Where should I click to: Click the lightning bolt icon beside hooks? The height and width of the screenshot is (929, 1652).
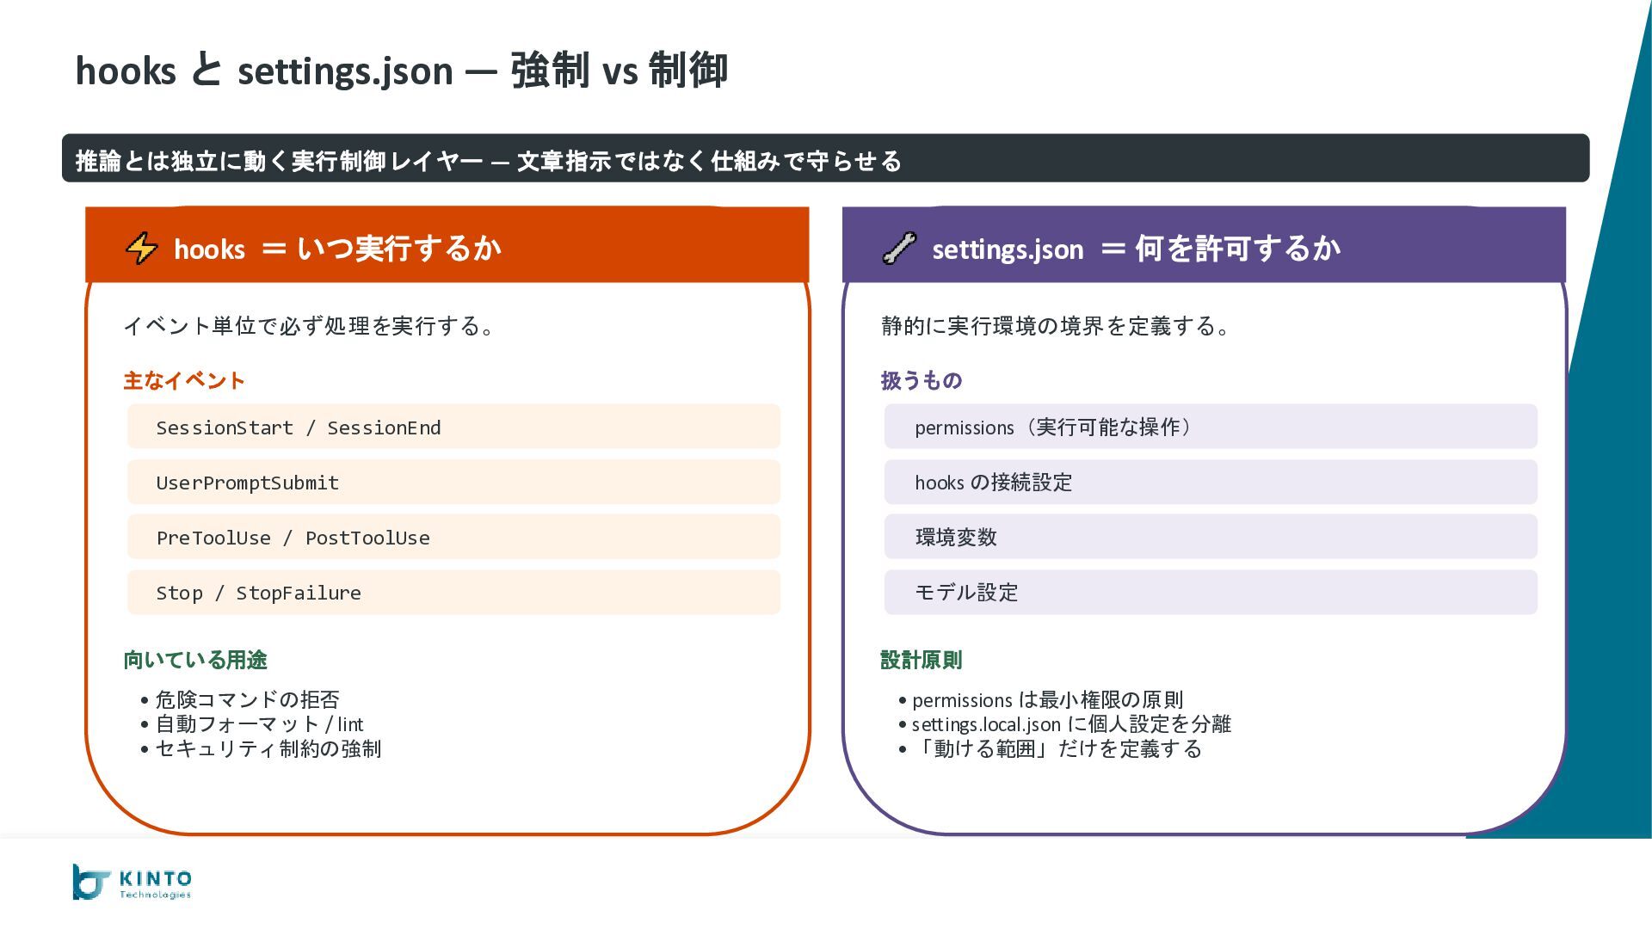[142, 249]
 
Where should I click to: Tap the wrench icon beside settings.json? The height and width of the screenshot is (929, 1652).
[899, 249]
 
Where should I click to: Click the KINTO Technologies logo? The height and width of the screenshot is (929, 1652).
[133, 883]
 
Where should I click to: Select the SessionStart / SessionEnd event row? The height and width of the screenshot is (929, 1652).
[453, 427]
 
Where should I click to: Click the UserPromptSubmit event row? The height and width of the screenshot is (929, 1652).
[453, 483]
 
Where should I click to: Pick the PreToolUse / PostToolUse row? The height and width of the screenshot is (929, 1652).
[453, 538]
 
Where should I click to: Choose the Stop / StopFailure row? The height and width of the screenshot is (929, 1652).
[453, 593]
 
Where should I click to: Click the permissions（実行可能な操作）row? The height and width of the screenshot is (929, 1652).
[1210, 427]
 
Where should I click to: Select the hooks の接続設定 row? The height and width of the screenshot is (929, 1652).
[1210, 483]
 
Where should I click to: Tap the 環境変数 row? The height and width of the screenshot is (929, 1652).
[1210, 538]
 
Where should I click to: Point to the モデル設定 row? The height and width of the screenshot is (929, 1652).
[1210, 593]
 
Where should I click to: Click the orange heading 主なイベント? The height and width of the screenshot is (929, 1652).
[184, 380]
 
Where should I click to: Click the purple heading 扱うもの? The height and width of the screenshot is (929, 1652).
[922, 380]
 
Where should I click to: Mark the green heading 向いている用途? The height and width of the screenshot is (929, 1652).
[195, 660]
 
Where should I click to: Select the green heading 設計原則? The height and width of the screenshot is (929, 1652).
[922, 660]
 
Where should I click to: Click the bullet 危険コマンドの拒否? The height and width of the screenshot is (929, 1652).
[247, 699]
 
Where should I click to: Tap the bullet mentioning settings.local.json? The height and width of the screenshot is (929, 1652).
[1071, 724]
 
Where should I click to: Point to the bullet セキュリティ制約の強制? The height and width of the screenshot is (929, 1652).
[268, 749]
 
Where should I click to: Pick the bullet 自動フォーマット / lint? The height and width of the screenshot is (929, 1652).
[259, 724]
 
